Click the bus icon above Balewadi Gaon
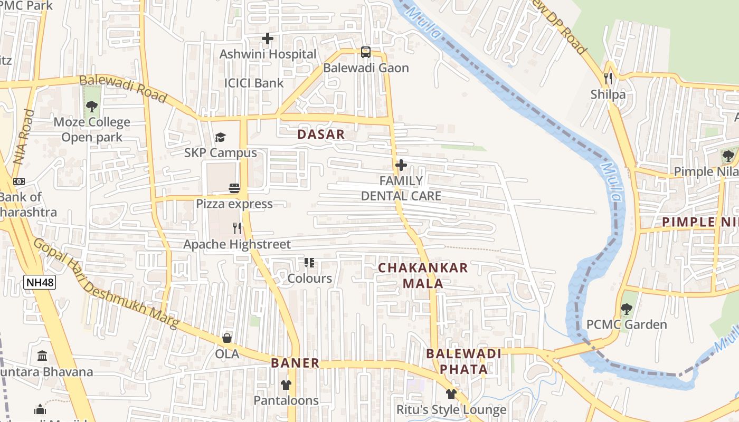(x=366, y=52)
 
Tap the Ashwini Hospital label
(x=268, y=54)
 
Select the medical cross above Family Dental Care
(x=401, y=165)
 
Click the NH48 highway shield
(x=40, y=282)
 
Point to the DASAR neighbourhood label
(x=321, y=134)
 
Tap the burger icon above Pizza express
(x=234, y=188)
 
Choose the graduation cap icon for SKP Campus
(x=220, y=137)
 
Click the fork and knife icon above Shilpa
(x=608, y=79)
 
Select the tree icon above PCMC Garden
(x=627, y=309)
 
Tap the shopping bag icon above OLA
(x=227, y=338)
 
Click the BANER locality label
(x=295, y=363)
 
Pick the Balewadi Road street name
(x=123, y=89)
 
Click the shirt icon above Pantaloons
(x=286, y=385)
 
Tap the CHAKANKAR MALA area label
(x=423, y=275)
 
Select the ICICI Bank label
(x=254, y=83)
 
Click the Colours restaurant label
(x=310, y=278)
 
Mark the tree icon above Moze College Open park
(x=92, y=107)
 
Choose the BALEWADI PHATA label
(x=463, y=361)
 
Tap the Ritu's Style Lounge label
(x=451, y=409)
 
